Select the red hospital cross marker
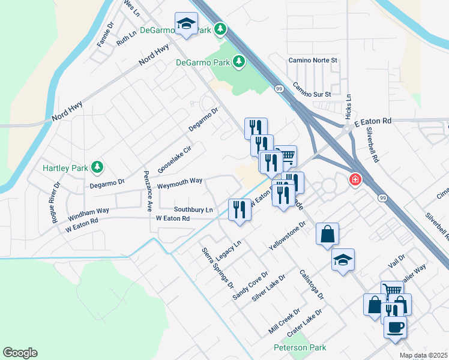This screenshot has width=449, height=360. coord(355,179)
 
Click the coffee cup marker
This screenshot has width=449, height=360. coord(395,328)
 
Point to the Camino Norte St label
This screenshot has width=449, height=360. coord(313,61)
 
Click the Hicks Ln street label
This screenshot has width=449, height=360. coord(348,106)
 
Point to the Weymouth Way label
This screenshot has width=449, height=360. coord(179,182)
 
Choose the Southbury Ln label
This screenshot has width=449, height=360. coord(193,209)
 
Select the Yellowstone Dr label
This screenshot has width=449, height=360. coord(288,235)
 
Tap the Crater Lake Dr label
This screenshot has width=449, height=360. coord(304,320)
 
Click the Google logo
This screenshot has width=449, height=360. coord(20,353)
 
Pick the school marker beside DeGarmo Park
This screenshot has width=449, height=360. coord(187,24)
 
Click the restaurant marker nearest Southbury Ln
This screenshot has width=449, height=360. coord(240,210)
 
